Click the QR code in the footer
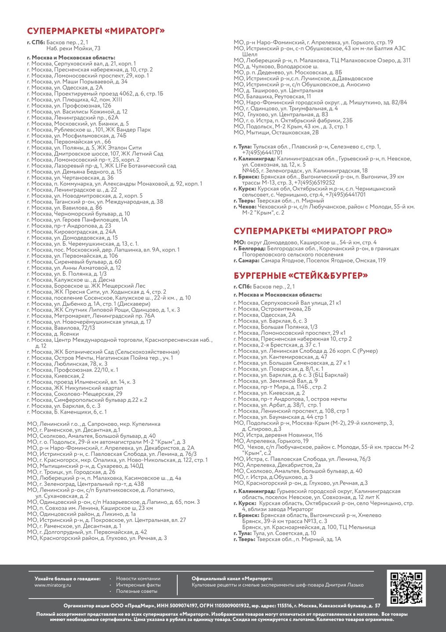click(406, 587)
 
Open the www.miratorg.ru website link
click(53, 585)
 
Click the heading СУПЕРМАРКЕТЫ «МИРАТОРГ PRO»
click(313, 231)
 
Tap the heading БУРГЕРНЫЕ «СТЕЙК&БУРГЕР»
click(301, 276)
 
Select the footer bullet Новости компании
click(138, 578)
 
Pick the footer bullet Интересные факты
click(138, 585)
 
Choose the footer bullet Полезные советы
click(136, 591)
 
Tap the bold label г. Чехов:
click(244, 207)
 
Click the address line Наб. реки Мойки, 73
click(73, 48)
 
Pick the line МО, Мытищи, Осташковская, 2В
click(277, 132)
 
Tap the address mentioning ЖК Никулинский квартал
click(75, 388)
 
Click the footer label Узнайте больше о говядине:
click(67, 578)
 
